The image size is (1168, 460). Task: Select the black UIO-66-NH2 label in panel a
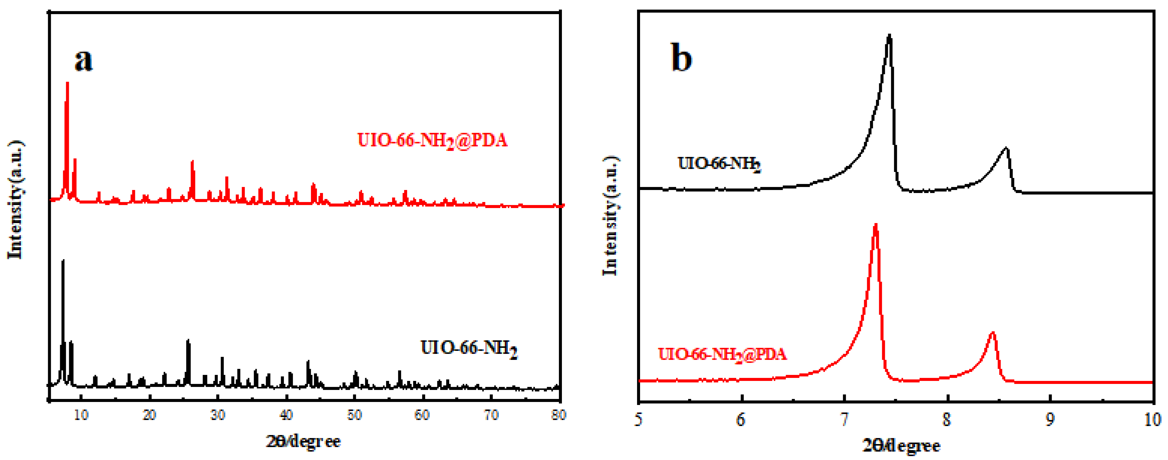tap(469, 348)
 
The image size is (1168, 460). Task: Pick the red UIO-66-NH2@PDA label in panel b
tap(722, 354)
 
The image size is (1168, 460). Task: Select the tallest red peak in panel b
tap(876, 225)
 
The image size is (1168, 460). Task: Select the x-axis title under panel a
tap(303, 441)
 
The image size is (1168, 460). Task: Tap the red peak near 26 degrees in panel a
tap(192, 162)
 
